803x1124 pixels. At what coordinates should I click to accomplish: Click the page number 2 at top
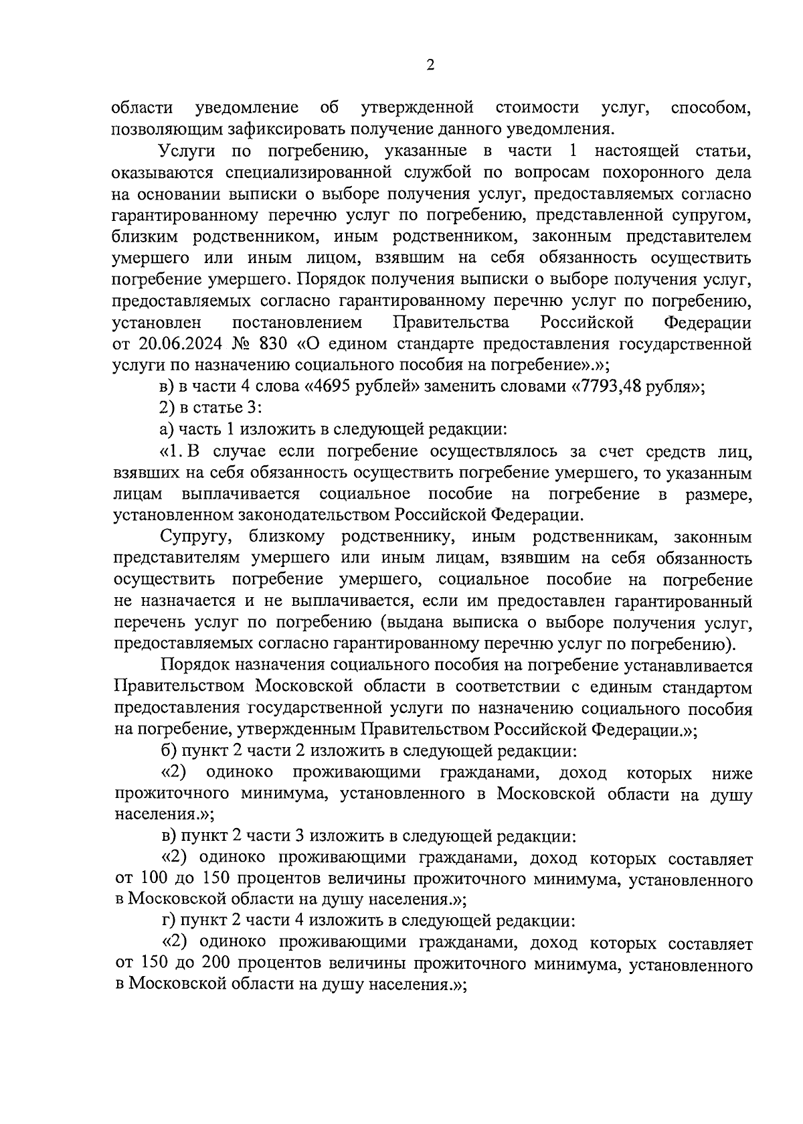[x=430, y=65]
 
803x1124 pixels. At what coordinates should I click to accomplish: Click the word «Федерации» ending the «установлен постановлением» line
[x=707, y=323]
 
